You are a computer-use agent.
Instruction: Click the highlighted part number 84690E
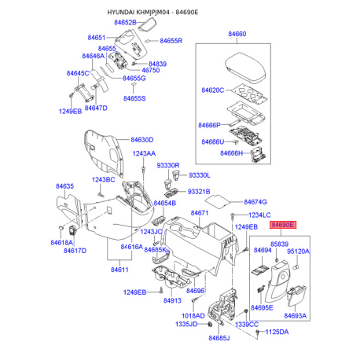281,225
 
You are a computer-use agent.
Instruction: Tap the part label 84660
237,35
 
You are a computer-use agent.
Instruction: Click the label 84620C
211,91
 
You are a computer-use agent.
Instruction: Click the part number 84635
64,186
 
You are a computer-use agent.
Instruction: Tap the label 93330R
168,166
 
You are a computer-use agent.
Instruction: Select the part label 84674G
255,202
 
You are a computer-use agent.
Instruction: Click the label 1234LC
259,215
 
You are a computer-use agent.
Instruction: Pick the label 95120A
298,252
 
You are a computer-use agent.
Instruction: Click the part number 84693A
295,315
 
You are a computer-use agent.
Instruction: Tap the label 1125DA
276,332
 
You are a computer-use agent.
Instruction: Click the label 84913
172,300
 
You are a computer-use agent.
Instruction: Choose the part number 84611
119,270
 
